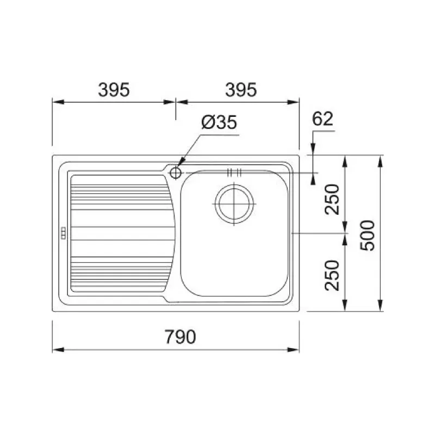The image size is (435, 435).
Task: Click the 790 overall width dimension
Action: (x=181, y=337)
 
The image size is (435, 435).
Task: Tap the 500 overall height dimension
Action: (x=368, y=235)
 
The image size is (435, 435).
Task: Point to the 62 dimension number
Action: (x=322, y=119)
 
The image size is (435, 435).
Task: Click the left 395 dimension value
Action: (x=114, y=90)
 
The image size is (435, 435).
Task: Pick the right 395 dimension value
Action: (x=241, y=90)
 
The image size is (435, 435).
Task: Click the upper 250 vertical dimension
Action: (x=332, y=199)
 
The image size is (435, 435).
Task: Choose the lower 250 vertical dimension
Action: (x=332, y=275)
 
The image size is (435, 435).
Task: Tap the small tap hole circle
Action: (x=175, y=173)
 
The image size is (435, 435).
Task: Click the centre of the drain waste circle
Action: (x=234, y=204)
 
